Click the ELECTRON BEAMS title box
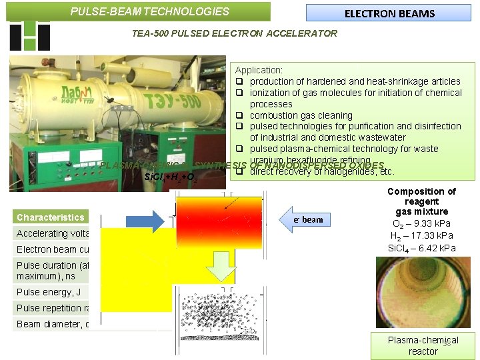point(389,13)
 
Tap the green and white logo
point(30,35)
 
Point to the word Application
point(259,69)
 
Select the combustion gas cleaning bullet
point(301,115)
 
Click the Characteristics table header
point(51,217)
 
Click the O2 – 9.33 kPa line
point(421,224)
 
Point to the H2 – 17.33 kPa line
point(421,236)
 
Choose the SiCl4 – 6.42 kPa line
point(421,248)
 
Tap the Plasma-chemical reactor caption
point(423,345)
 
